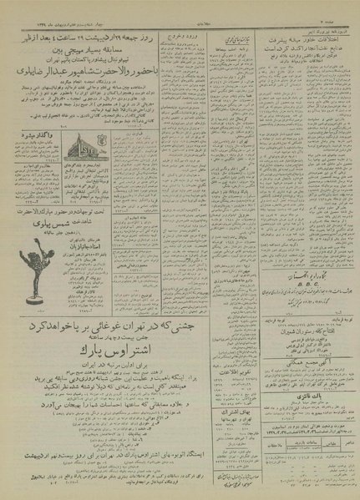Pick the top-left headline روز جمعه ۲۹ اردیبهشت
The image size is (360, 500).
(92, 40)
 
